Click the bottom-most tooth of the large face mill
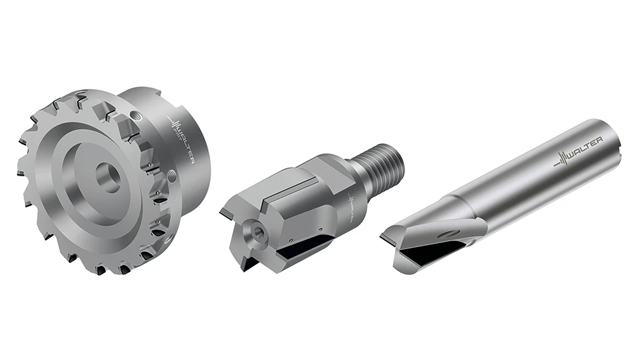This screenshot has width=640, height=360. point(101,270)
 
